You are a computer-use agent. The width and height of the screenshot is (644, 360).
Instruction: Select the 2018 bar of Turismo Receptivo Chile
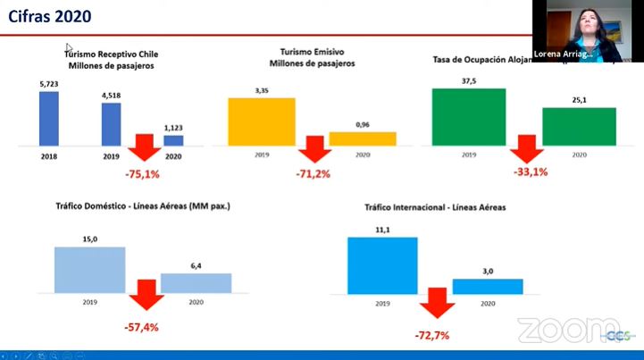click(x=49, y=123)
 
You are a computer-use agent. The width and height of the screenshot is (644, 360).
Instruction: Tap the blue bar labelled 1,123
click(x=173, y=140)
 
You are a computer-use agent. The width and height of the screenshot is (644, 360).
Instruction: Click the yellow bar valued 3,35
click(x=261, y=121)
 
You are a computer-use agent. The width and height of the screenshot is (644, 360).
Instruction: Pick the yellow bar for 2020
click(x=362, y=138)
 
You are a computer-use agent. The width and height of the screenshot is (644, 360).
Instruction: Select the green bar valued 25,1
click(x=579, y=126)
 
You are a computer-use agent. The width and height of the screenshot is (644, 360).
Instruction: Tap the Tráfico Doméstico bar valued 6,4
click(x=196, y=283)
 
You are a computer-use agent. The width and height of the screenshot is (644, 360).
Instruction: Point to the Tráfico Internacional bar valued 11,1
click(x=382, y=265)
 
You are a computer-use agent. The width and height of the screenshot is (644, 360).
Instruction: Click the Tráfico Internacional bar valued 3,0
click(x=487, y=286)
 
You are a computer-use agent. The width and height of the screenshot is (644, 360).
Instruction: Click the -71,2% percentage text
click(x=313, y=173)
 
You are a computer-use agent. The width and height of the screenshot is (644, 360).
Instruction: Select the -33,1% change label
click(x=531, y=172)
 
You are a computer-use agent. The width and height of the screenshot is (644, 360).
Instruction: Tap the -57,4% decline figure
click(x=141, y=327)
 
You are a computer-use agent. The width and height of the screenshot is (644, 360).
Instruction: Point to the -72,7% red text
click(x=431, y=335)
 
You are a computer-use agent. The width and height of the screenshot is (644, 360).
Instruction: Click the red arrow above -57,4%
click(x=142, y=298)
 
